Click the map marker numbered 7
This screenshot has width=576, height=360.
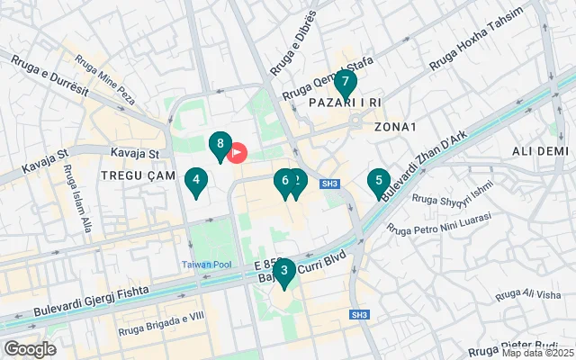coord(345,84)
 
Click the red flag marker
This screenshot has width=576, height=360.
coord(238,152)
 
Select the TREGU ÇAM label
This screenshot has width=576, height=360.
coord(134,175)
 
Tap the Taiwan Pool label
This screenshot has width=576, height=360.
coord(208,264)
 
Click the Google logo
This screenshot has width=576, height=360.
coord(30,348)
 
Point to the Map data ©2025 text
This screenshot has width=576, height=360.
coord(538,353)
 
